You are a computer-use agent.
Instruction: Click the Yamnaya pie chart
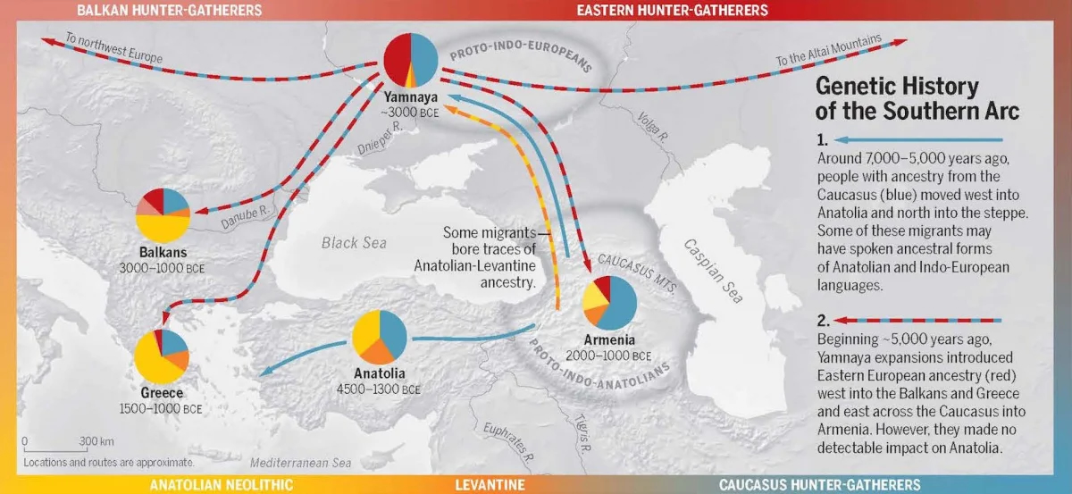[411, 60]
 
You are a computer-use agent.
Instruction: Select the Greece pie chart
[162, 356]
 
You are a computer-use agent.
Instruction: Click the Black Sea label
[353, 242]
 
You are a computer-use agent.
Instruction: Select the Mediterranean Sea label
[301, 463]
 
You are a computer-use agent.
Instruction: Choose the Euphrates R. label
[507, 442]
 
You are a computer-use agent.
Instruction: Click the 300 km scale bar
[49, 448]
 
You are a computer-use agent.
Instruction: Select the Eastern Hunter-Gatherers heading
[672, 11]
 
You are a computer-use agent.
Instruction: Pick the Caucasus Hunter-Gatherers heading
[819, 484]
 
